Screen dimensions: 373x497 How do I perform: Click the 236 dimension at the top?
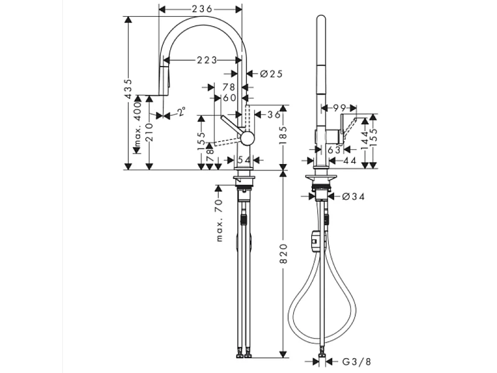[x=201, y=9]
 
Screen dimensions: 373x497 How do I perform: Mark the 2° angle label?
[x=181, y=113]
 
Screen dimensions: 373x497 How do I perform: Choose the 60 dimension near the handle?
[x=229, y=98]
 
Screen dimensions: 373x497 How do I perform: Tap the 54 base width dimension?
[x=244, y=160]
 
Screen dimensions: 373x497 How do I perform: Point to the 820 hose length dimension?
[x=283, y=251]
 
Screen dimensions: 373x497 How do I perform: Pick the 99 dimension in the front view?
[x=339, y=108]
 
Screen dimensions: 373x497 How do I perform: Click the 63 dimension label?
[x=333, y=149]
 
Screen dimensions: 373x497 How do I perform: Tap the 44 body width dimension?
[x=349, y=160]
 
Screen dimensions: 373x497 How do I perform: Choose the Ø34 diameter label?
[x=352, y=197]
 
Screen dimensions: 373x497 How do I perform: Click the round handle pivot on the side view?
[x=247, y=139]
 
